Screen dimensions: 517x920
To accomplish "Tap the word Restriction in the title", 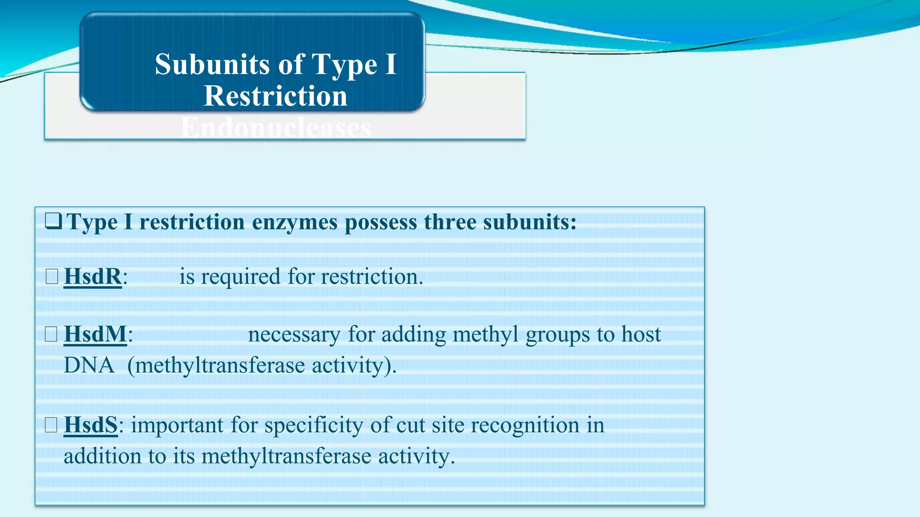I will pyautogui.click(x=275, y=96).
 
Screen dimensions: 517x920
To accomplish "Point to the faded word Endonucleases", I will pyautogui.click(x=276, y=128).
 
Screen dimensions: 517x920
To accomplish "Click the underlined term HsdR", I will pyautogui.click(x=93, y=276).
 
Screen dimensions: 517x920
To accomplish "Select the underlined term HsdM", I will pyautogui.click(x=95, y=334).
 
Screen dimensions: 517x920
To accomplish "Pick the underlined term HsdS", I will pyautogui.click(x=91, y=425).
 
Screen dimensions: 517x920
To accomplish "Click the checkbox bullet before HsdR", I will pyautogui.click(x=52, y=276).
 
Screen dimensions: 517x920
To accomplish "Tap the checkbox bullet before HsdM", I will pyautogui.click(x=51, y=334).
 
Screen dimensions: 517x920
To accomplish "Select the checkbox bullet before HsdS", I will pyautogui.click(x=51, y=425).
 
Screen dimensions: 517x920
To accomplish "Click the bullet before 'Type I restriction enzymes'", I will pyautogui.click(x=53, y=222).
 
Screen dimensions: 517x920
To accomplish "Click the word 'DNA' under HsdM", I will pyautogui.click(x=89, y=365).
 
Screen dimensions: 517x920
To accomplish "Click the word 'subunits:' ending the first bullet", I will pyautogui.click(x=530, y=222).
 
